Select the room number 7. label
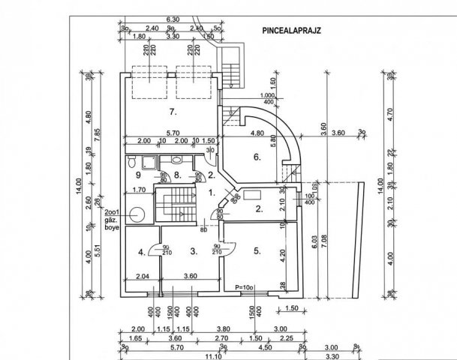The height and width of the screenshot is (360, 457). [173, 112]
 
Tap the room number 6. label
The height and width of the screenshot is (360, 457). [257, 157]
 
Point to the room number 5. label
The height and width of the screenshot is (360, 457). [257, 251]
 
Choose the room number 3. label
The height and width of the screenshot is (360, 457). [193, 251]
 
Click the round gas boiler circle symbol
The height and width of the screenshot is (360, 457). [136, 215]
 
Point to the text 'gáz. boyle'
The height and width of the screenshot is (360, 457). [113, 218]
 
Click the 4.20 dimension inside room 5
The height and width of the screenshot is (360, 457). [281, 253]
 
